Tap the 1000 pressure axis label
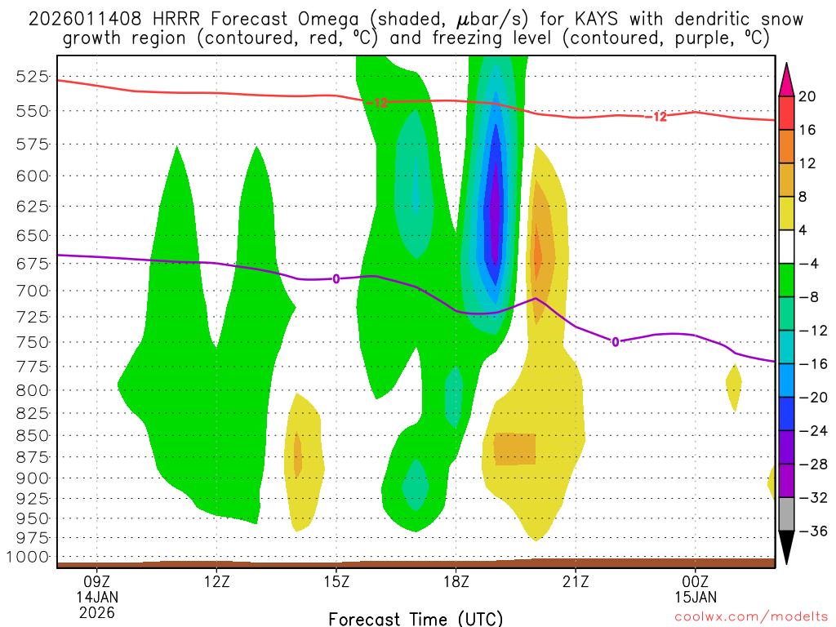coord(28,557)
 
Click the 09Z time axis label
coord(96,583)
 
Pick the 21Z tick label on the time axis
coord(576,583)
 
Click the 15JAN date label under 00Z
coord(695,598)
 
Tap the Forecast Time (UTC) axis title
coord(416,618)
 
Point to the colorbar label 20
coord(807,96)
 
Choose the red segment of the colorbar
coord(786,113)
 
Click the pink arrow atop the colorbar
coord(786,78)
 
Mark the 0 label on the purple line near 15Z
coord(336,278)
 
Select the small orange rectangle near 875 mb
coord(514,449)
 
